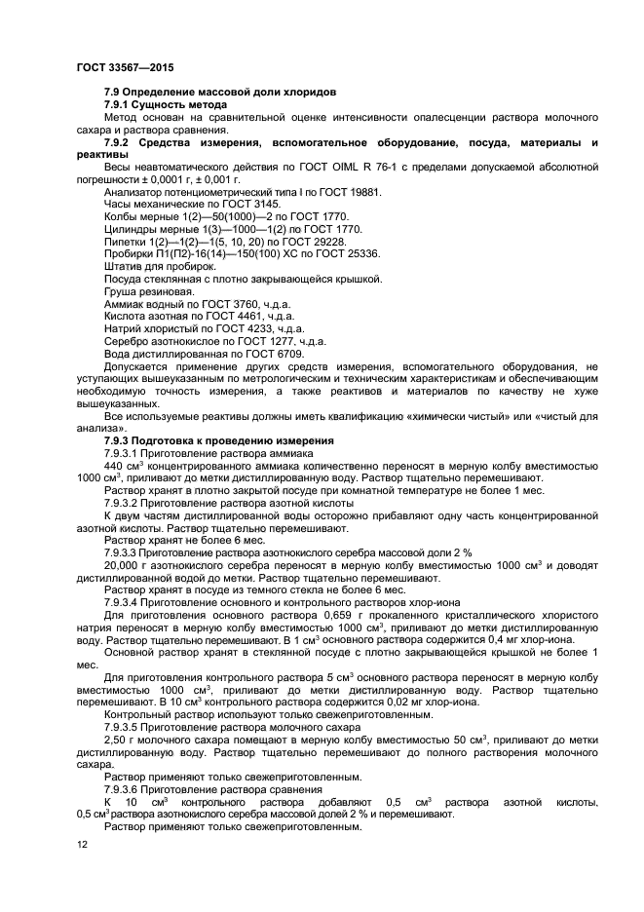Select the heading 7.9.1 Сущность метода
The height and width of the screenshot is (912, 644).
[165, 103]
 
